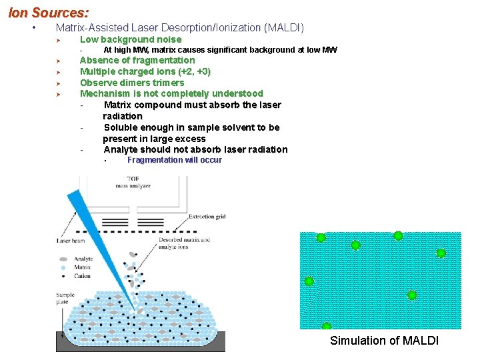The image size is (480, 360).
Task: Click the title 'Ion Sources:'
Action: (48, 13)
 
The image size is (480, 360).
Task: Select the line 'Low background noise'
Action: (131, 39)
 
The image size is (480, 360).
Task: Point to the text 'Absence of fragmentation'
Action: (137, 60)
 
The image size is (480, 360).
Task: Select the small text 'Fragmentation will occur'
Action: (175, 160)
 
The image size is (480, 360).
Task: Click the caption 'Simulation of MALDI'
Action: (385, 341)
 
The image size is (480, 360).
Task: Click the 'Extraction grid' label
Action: (207, 217)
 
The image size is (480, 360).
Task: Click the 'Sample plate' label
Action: (65, 299)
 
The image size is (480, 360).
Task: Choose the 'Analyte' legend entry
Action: (83, 259)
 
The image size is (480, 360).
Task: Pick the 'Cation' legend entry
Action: (82, 275)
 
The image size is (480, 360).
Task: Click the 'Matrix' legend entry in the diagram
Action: (82, 267)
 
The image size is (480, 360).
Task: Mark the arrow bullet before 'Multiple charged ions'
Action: (59, 71)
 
